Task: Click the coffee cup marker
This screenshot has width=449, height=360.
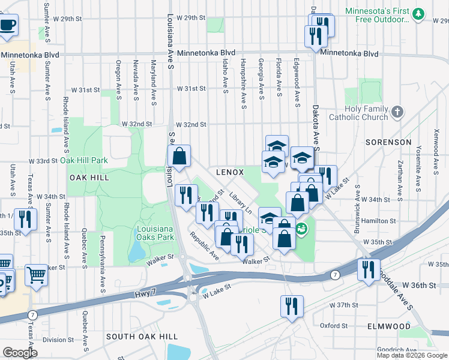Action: click(x=7, y=26)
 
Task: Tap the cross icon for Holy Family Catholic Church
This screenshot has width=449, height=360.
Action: click(x=397, y=112)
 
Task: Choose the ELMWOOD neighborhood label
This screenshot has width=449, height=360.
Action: click(x=390, y=326)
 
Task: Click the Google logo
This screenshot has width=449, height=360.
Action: click(x=20, y=352)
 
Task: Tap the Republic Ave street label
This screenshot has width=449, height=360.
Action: click(x=204, y=245)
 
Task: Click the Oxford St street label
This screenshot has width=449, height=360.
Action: click(x=334, y=326)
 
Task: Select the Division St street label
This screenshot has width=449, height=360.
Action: click(x=58, y=340)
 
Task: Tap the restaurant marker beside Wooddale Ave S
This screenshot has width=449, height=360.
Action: click(x=368, y=269)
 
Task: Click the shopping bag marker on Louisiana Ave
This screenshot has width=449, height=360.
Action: click(x=179, y=157)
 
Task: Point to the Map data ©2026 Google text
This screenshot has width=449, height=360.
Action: click(x=412, y=355)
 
